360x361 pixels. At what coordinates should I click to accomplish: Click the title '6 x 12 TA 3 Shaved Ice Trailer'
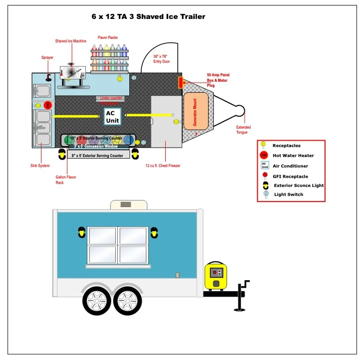[x=148, y=16]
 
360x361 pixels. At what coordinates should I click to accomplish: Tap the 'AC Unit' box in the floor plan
[x=111, y=117]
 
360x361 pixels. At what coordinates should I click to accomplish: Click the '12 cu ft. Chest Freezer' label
[x=163, y=166]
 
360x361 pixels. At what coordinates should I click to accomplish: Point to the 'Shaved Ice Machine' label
[x=70, y=41]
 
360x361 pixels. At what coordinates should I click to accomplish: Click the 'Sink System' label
[x=40, y=166]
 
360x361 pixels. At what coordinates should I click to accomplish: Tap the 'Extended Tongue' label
[x=244, y=130]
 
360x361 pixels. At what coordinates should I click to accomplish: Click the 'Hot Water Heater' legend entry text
[x=293, y=156]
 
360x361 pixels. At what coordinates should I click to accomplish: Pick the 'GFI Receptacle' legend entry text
[x=290, y=176]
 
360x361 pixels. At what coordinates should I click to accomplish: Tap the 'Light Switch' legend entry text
[x=289, y=194]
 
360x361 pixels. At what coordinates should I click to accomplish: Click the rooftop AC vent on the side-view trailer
[x=128, y=204]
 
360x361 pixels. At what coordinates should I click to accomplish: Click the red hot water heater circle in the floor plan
[x=48, y=105]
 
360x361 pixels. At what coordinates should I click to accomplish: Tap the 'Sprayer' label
[x=47, y=58]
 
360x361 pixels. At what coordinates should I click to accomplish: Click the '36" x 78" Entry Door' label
[x=161, y=59]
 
